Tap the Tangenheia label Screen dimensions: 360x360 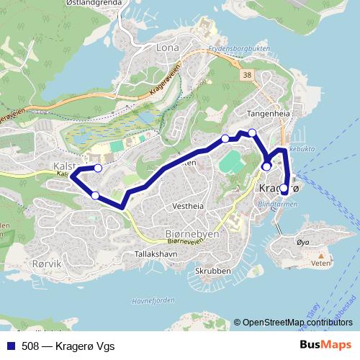pos(268,114)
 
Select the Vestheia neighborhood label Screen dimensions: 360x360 pos(189,205)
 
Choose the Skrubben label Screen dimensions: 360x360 pos(212,271)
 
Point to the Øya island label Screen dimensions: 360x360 pos(302,243)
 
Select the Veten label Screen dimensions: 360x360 pos(320,264)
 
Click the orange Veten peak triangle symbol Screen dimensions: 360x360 pos(320,255)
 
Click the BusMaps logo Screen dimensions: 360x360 pos(326,345)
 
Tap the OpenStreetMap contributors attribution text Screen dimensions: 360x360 pos(297,322)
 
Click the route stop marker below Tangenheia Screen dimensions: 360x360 pos(252,132)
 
